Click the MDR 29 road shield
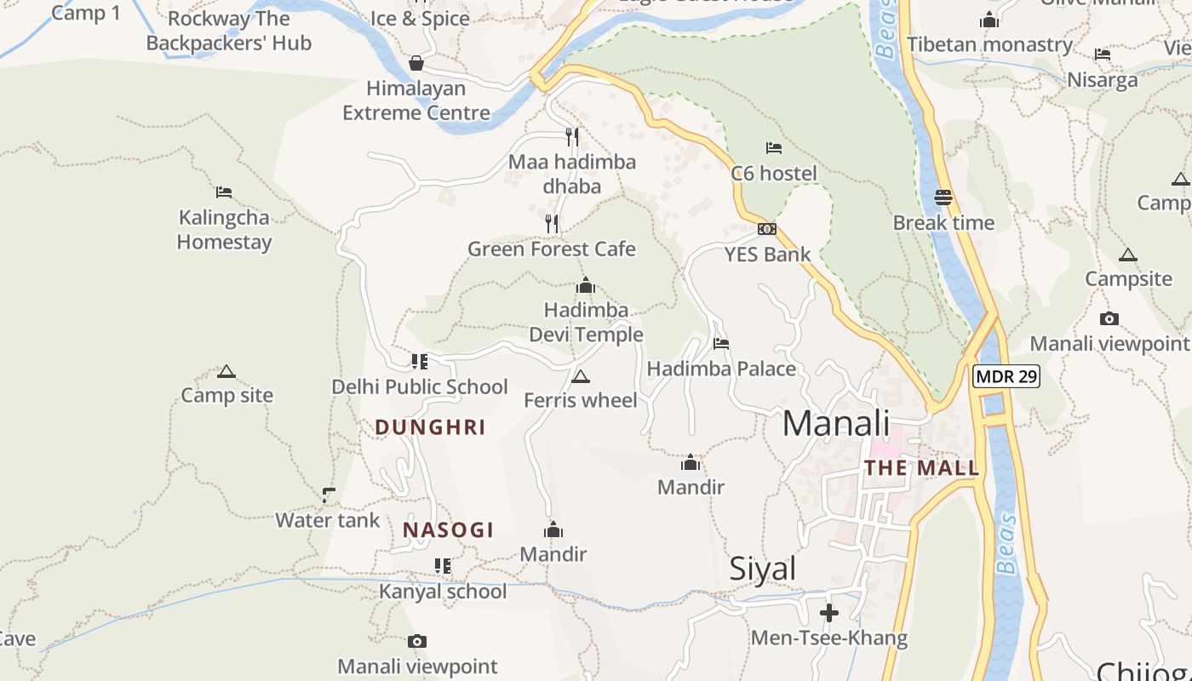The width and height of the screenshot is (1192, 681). [1006, 375]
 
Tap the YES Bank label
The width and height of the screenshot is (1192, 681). [767, 254]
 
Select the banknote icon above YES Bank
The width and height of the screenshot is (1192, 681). [767, 229]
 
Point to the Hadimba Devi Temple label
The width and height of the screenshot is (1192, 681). [586, 322]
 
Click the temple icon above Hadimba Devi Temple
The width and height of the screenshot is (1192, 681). [586, 285]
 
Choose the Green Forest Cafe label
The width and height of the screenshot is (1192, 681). [552, 249]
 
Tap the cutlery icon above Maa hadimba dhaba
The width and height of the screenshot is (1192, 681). [572, 136]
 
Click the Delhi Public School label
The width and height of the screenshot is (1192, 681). [420, 386]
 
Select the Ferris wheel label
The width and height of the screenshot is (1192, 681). [581, 400]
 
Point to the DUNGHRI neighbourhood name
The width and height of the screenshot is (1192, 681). [430, 427]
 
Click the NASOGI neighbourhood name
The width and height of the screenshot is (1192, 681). [448, 529]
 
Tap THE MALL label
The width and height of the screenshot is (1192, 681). [921, 467]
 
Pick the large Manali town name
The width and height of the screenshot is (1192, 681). [835, 423]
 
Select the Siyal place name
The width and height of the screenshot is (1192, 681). [762, 569]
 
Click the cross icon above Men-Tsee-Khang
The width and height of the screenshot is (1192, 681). [829, 612]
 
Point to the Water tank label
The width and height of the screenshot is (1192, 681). [328, 520]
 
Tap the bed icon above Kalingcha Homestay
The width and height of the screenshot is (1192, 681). [224, 192]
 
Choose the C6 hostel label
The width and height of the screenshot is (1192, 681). [774, 174]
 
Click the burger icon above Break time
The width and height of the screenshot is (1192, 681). [943, 197]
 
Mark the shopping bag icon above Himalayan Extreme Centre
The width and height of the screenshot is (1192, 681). [416, 63]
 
